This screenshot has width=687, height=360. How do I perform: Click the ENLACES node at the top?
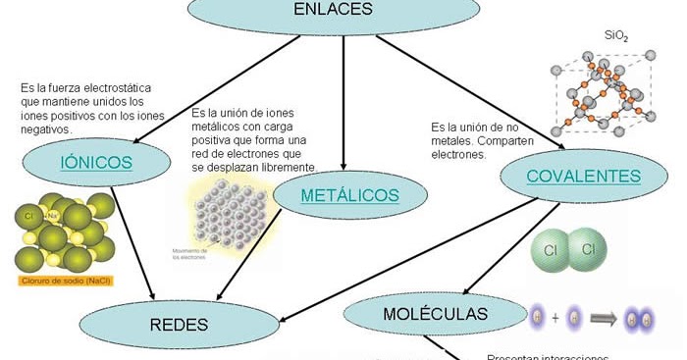tap(334, 12)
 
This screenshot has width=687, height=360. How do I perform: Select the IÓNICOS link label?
tap(96, 163)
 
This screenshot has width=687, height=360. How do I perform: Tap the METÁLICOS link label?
tap(349, 194)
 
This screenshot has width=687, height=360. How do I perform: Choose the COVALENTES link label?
tap(584, 177)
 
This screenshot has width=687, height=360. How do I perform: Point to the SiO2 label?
tap(615, 36)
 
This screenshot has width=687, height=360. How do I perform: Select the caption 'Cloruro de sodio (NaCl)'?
tap(64, 281)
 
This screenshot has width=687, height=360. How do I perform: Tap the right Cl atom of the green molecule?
tap(588, 250)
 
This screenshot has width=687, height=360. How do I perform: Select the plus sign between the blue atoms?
tap(555, 318)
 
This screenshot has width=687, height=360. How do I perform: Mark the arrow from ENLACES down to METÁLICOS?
tap(343, 108)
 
